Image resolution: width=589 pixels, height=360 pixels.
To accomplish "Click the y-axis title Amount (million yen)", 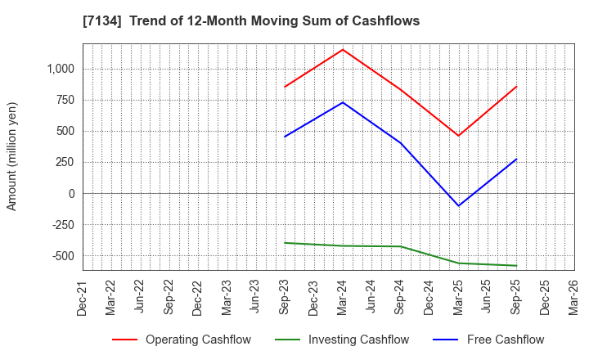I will point(11,156).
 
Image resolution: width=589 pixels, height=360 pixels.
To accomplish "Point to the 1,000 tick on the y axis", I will point(60,69).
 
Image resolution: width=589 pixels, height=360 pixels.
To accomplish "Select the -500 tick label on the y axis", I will point(62,256).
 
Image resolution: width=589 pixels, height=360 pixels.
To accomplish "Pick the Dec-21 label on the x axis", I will point(82,299).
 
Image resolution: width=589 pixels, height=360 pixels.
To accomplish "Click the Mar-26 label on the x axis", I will point(574,299).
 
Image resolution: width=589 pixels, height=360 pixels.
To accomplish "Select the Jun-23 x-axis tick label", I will point(256,299).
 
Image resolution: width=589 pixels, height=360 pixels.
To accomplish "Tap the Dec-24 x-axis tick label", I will point(429,299).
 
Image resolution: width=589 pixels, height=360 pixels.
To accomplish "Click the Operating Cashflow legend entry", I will point(182,340).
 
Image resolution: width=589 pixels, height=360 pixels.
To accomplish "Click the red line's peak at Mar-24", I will point(343,49).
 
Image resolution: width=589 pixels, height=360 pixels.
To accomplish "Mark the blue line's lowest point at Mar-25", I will point(458,206).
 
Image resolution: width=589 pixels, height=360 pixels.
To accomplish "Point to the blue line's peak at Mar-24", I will point(343,102).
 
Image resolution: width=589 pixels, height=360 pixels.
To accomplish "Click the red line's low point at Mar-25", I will point(458,136).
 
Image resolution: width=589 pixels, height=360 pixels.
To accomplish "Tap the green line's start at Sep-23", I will point(285,242).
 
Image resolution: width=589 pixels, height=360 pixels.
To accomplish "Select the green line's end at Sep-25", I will point(516,266).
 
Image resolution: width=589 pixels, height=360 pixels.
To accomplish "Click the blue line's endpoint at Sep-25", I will point(516,159).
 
